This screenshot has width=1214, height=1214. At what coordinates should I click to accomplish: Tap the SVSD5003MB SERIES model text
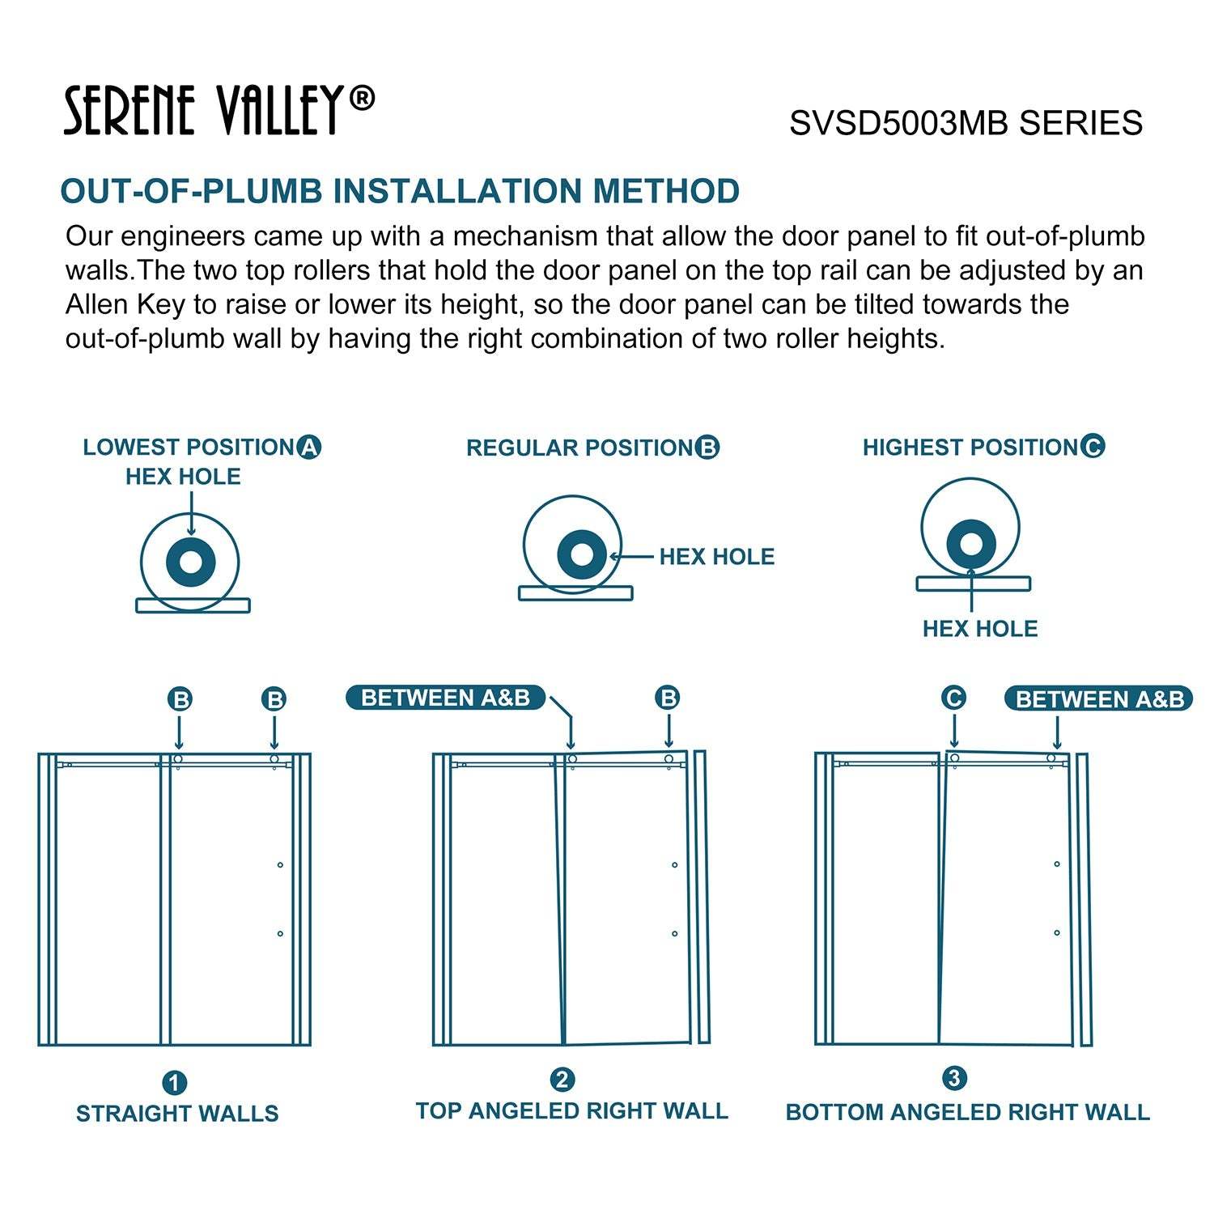[966, 123]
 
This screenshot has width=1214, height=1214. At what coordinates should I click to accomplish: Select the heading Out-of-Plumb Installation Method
[400, 192]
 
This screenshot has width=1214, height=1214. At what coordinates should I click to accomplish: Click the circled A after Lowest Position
[309, 447]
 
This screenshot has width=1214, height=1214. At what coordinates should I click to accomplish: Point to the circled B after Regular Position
[707, 448]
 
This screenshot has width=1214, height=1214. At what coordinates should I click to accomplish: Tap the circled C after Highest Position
[1093, 446]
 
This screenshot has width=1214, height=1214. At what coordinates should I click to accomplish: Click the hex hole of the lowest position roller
[191, 562]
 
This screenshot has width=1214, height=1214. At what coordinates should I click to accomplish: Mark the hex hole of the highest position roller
[970, 544]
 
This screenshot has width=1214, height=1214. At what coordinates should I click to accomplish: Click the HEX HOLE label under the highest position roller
[979, 629]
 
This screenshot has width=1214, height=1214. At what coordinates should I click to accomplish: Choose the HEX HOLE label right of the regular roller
[716, 557]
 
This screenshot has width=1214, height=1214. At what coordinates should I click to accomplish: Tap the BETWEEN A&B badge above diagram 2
[445, 698]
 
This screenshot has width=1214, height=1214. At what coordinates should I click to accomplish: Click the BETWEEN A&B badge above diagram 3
[1098, 699]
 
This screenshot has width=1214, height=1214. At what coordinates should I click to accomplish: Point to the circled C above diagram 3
[954, 698]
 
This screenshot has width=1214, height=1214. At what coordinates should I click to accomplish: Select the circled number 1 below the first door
[175, 1083]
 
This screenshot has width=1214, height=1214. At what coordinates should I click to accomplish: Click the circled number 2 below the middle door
[562, 1080]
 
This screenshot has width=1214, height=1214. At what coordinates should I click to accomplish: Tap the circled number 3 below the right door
[955, 1079]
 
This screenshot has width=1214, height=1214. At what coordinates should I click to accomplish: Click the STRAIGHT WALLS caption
[177, 1114]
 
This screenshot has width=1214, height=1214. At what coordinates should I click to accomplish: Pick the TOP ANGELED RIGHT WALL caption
[571, 1110]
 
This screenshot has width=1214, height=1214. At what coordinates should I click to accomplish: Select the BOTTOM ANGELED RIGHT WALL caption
[967, 1112]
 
